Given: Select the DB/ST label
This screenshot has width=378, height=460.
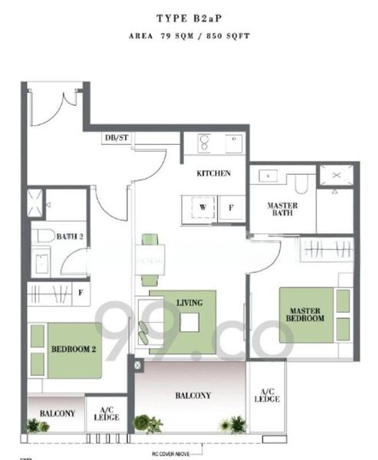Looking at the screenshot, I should [x=117, y=138].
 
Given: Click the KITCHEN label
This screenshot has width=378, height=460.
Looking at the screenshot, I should [x=213, y=173].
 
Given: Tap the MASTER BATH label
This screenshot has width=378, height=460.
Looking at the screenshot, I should [x=282, y=209].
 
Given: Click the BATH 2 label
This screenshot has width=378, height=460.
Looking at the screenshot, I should [x=70, y=237].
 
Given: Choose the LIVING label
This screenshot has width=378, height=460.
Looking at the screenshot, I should [x=189, y=303].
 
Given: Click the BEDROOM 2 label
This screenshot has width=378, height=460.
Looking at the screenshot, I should [x=73, y=349].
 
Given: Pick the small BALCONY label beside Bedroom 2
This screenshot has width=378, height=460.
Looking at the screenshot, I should [x=57, y=413].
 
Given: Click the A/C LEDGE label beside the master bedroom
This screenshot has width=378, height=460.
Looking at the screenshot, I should [x=268, y=395].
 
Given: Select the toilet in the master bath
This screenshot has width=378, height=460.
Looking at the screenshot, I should [x=301, y=182].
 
